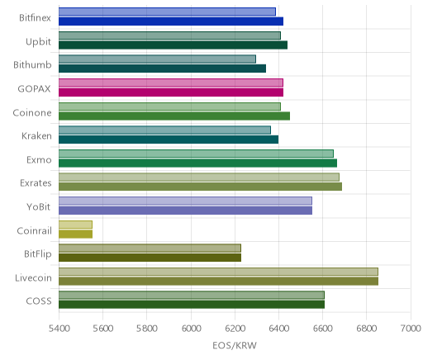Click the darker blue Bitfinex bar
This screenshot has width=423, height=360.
click(x=171, y=21)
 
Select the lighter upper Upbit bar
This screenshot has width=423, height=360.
click(x=169, y=36)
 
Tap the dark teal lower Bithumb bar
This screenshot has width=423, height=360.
click(x=162, y=69)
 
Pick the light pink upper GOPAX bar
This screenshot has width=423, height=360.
click(x=171, y=83)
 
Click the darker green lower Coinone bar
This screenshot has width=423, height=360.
click(x=174, y=116)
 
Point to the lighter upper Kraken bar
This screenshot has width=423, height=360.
click(x=164, y=130)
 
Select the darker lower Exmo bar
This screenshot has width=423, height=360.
click(x=197, y=163)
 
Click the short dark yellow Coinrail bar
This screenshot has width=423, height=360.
click(x=75, y=234)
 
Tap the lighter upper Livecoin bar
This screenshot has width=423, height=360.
click(x=218, y=272)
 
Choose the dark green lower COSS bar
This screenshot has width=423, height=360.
click(x=192, y=305)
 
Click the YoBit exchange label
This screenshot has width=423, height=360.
click(x=39, y=206)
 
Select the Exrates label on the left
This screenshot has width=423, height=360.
click(x=36, y=183)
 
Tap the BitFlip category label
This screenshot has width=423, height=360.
click(x=38, y=253)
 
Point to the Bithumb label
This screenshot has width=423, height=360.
click(x=32, y=65)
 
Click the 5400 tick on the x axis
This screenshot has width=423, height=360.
click(x=59, y=329)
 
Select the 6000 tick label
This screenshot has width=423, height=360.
click(x=191, y=329)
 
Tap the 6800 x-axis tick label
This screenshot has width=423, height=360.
click(x=367, y=329)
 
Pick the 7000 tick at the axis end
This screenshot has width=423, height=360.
click(x=411, y=329)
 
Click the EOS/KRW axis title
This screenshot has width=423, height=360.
click(x=235, y=345)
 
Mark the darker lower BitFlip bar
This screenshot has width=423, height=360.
click(x=150, y=258)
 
